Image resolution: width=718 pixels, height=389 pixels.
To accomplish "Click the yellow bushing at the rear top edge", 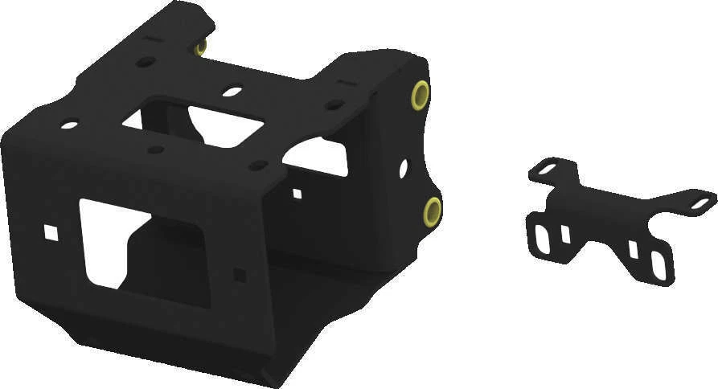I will (x=200, y=47).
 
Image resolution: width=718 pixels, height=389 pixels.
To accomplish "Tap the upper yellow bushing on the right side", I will (x=421, y=95).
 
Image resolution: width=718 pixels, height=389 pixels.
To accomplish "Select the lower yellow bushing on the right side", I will (x=433, y=211).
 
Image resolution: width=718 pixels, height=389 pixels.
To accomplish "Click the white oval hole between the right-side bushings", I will (x=403, y=168).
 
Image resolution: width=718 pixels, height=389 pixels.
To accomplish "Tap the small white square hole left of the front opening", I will (x=50, y=233).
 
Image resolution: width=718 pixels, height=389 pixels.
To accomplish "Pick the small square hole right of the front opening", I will (x=240, y=274).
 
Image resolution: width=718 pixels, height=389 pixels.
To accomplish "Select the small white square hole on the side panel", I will (x=297, y=193).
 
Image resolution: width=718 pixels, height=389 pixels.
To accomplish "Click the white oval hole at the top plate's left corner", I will (x=70, y=125).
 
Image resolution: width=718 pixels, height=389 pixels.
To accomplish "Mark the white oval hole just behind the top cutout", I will (x=232, y=92).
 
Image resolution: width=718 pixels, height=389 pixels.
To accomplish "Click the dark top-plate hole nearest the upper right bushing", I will (x=334, y=104).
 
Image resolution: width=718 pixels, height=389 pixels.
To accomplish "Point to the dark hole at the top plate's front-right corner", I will (x=258, y=166).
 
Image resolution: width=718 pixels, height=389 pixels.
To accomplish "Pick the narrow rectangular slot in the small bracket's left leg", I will (x=565, y=234).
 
